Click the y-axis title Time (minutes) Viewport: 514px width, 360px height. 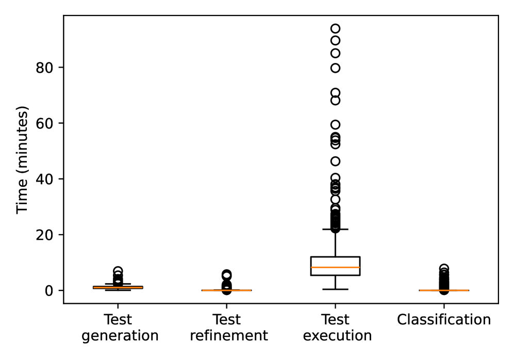(x=22, y=159)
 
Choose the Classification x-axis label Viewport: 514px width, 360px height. (x=444, y=320)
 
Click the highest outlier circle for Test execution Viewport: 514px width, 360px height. (x=335, y=28)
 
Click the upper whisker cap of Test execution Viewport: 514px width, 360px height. (x=335, y=229)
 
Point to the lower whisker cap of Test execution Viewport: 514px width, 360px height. (x=335, y=289)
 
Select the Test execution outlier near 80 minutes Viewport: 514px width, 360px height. (x=335, y=68)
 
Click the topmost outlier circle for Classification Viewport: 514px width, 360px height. (x=444, y=268)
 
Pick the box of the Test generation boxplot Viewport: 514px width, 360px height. (x=118, y=287)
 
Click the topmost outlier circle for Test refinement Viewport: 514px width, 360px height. (x=227, y=274)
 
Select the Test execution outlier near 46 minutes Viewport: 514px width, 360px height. (x=335, y=161)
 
